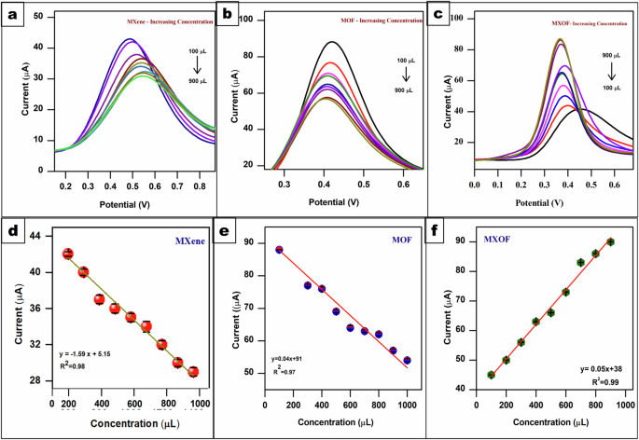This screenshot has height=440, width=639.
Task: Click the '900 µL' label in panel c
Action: point(613,56)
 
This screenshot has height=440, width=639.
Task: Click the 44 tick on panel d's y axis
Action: point(41,237)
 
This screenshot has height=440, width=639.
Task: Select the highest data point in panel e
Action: point(279,250)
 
